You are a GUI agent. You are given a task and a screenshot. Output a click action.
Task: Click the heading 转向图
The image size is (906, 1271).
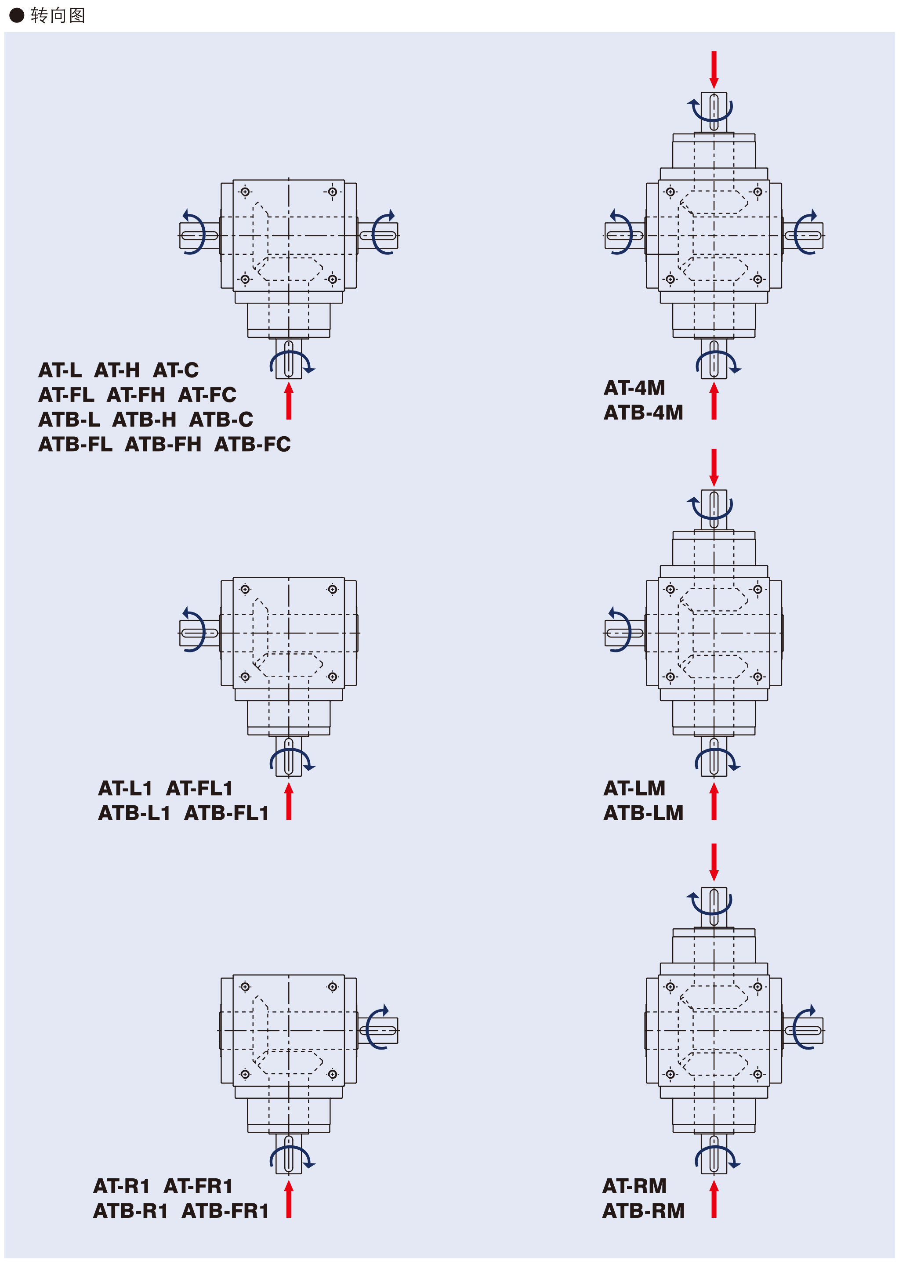point(58,16)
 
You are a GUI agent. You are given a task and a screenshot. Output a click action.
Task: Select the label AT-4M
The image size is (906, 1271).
point(634,387)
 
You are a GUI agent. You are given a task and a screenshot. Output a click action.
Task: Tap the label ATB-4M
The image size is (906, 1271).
point(643,413)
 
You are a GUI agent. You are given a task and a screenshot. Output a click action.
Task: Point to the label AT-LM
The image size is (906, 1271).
point(634,788)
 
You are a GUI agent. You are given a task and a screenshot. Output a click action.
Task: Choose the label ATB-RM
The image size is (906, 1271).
point(643,1211)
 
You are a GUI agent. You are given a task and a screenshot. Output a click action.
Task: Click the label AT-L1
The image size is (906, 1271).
point(125,788)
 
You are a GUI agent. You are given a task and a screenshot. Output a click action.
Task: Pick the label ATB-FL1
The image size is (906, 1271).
point(227,813)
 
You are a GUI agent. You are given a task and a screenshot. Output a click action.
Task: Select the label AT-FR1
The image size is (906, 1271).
point(198,1186)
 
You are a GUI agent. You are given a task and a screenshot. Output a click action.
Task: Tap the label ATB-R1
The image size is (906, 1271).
point(130,1211)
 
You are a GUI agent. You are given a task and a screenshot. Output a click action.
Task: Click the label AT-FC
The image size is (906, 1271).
point(207,395)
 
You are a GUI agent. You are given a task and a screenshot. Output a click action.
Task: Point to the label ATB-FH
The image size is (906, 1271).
point(163,445)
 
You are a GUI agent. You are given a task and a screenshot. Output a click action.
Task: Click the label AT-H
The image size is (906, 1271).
point(116,370)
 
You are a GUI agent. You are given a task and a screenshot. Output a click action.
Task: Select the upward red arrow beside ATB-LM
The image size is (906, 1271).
point(714,801)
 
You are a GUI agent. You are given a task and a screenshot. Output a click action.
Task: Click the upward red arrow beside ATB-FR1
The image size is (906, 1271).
point(288,1199)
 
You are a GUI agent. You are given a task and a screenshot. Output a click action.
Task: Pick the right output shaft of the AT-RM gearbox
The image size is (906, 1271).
point(803,1031)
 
